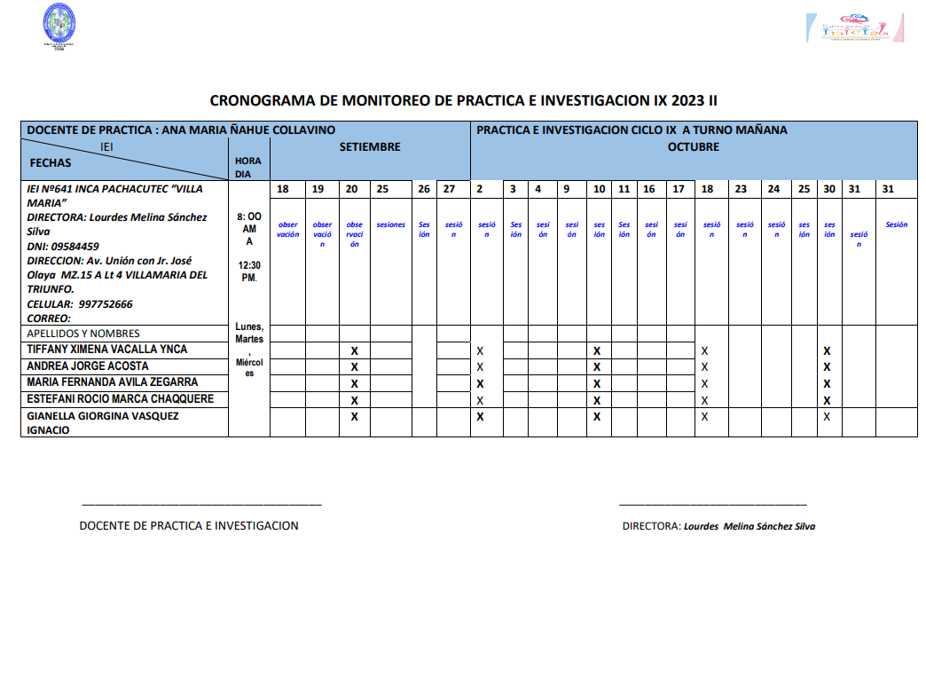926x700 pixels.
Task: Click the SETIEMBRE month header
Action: pyautogui.click(x=370, y=147)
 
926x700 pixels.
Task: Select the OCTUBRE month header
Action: pyautogui.click(x=693, y=147)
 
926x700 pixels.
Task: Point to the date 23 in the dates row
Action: pyautogui.click(x=741, y=189)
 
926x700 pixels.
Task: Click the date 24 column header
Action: pyautogui.click(x=773, y=189)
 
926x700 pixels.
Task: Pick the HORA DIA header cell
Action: pyautogui.click(x=248, y=168)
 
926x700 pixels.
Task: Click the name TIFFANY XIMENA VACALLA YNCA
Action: pyautogui.click(x=107, y=350)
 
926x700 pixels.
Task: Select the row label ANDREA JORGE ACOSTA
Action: pyautogui.click(x=88, y=366)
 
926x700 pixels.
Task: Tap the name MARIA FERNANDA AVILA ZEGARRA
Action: pyautogui.click(x=113, y=382)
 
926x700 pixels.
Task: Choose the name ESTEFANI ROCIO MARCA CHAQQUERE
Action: pyautogui.click(x=121, y=399)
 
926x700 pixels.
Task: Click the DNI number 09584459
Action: pyautogui.click(x=75, y=247)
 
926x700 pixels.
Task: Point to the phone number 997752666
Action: pyautogui.click(x=106, y=304)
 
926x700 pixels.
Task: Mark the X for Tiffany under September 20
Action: pyautogui.click(x=354, y=351)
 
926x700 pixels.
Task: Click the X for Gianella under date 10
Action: pyautogui.click(x=597, y=416)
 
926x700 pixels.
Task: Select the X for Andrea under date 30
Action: pyautogui.click(x=827, y=367)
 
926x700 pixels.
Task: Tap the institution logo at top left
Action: pyautogui.click(x=59, y=26)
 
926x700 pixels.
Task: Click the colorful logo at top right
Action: pyautogui.click(x=853, y=27)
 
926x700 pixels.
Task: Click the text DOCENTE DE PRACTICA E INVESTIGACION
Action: pyautogui.click(x=189, y=526)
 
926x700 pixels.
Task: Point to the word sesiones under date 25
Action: pyautogui.click(x=390, y=225)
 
